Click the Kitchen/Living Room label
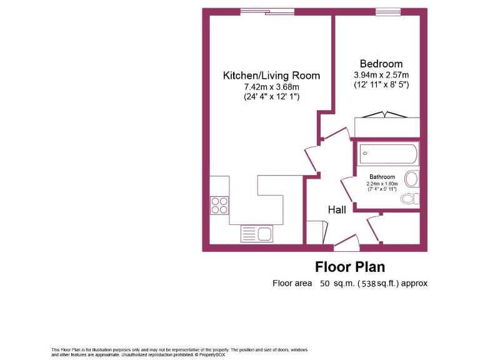tap(271, 76)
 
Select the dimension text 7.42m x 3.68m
tap(271, 87)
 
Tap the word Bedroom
tap(381, 64)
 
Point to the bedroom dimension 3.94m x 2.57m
tap(381, 74)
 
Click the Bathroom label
tap(382, 177)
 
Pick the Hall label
tap(337, 210)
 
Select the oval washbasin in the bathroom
tap(411, 179)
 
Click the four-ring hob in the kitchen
tap(219, 205)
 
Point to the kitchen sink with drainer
tap(256, 234)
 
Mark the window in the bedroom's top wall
tap(387, 11)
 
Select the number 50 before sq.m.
tap(325, 284)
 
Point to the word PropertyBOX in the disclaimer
tap(211, 355)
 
